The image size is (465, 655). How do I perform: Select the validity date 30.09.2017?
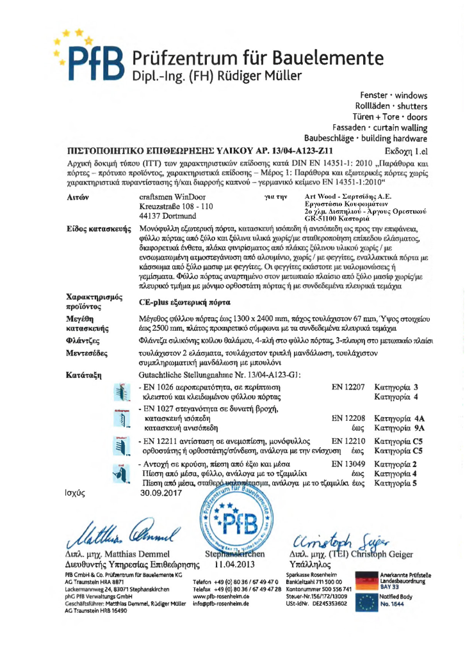click(x=161, y=494)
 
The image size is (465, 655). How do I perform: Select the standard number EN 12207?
click(x=348, y=387)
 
